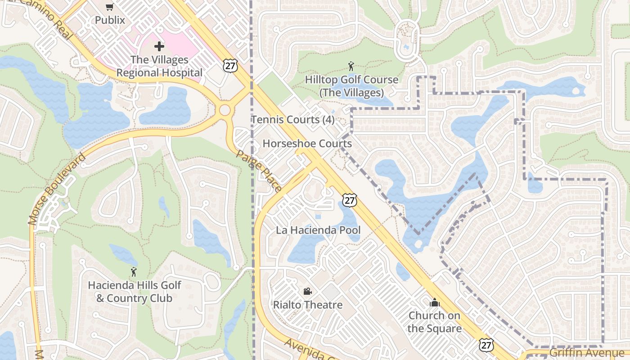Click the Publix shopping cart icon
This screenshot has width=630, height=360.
tap(110, 7)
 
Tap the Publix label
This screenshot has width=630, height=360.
tap(110, 20)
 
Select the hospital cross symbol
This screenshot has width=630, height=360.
tap(159, 46)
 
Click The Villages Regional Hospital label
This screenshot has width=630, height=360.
tap(159, 66)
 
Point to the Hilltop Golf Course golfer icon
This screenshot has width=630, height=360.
tap(351, 66)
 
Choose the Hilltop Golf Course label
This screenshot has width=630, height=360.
tap(351, 86)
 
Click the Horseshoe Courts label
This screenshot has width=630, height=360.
tap(307, 144)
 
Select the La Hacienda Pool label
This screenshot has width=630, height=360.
tap(318, 230)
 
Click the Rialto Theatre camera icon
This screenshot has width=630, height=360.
tap(308, 291)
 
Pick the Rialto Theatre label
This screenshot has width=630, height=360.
tap(308, 305)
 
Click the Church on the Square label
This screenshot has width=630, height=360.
tap(434, 322)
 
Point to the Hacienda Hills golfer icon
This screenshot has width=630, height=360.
tap(133, 272)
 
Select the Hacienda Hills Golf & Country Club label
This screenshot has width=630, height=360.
tap(134, 292)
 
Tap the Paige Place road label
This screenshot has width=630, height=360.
tap(259, 170)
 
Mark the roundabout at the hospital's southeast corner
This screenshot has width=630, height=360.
tap(225, 110)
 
